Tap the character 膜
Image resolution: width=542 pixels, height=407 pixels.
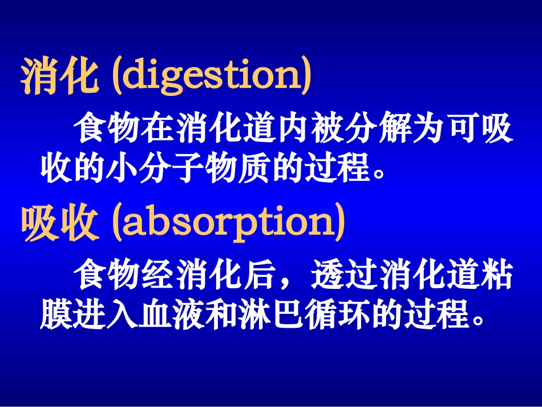pyautogui.click(x=56, y=313)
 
